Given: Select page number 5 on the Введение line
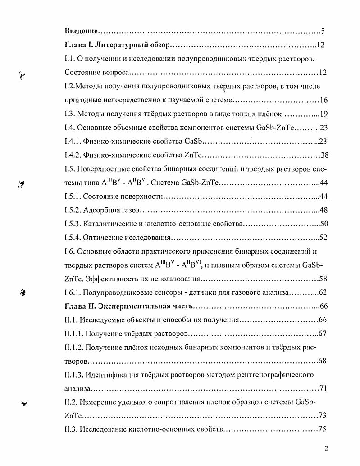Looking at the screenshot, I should (323, 32).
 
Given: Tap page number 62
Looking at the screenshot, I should (323, 292).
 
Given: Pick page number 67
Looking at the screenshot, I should (322, 334).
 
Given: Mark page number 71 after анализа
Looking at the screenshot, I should (323, 388).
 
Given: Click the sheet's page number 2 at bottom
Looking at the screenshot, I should (327, 449).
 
